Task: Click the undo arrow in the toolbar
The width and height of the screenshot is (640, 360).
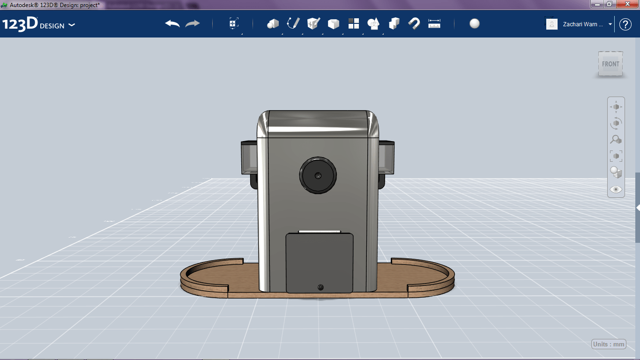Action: [x=172, y=24]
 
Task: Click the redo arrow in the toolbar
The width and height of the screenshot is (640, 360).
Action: [x=193, y=24]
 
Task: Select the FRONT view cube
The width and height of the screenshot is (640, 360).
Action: [x=610, y=64]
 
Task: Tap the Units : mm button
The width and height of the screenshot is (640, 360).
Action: [x=609, y=344]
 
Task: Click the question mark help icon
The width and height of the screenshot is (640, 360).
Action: [x=625, y=24]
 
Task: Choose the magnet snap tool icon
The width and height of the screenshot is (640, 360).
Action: [x=414, y=24]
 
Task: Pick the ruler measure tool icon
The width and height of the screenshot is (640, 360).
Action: [x=434, y=24]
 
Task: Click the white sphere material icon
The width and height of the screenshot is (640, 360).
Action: [x=475, y=24]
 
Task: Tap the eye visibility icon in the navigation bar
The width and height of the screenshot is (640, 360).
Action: [x=616, y=189]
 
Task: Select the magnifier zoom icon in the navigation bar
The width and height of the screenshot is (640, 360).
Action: [x=616, y=139]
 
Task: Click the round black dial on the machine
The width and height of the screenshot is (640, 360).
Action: [x=318, y=175]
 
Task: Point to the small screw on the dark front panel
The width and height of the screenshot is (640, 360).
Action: [x=320, y=286]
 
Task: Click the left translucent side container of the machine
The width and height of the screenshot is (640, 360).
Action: [x=249, y=157]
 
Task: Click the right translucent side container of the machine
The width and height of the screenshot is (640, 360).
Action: [x=387, y=157]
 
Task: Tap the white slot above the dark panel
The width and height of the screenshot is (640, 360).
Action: [x=320, y=231]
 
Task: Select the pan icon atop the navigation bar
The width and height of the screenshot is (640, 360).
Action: [x=616, y=107]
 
